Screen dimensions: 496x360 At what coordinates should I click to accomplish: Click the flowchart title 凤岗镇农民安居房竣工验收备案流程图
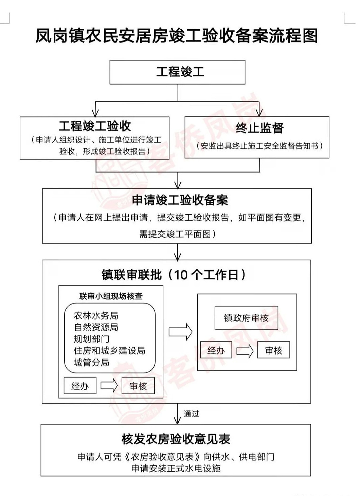tap(177, 36)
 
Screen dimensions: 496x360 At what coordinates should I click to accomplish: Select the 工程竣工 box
tap(177, 72)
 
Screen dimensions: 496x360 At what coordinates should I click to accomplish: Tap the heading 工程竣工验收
tap(95, 126)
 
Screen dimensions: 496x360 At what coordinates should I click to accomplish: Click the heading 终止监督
tap(259, 128)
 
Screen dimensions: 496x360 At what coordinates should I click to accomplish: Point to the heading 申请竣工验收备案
tap(180, 200)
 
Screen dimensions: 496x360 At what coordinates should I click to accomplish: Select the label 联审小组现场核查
tap(111, 296)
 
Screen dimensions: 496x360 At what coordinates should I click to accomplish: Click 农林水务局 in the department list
tap(96, 316)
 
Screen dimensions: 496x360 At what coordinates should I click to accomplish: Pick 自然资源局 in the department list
tap(96, 327)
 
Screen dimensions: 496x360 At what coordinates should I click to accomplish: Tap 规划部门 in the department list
tap(91, 339)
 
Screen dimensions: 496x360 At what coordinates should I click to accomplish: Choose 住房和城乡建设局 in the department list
tap(109, 350)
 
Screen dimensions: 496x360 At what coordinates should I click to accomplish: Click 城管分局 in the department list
tap(91, 362)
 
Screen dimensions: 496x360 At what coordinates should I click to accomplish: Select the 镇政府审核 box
tap(246, 318)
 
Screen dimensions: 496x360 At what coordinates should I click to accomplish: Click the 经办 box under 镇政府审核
tap(216, 350)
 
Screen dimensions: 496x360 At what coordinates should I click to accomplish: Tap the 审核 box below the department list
tap(138, 386)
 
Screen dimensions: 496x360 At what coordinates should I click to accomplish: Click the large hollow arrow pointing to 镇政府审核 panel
tap(180, 332)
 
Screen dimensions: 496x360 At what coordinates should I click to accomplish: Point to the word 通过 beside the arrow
tap(191, 414)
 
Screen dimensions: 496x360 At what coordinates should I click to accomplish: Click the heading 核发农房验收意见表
tap(176, 439)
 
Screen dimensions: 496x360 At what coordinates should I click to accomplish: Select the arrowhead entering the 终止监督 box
tap(259, 113)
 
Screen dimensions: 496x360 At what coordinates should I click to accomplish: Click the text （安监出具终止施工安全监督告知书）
tap(259, 146)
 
